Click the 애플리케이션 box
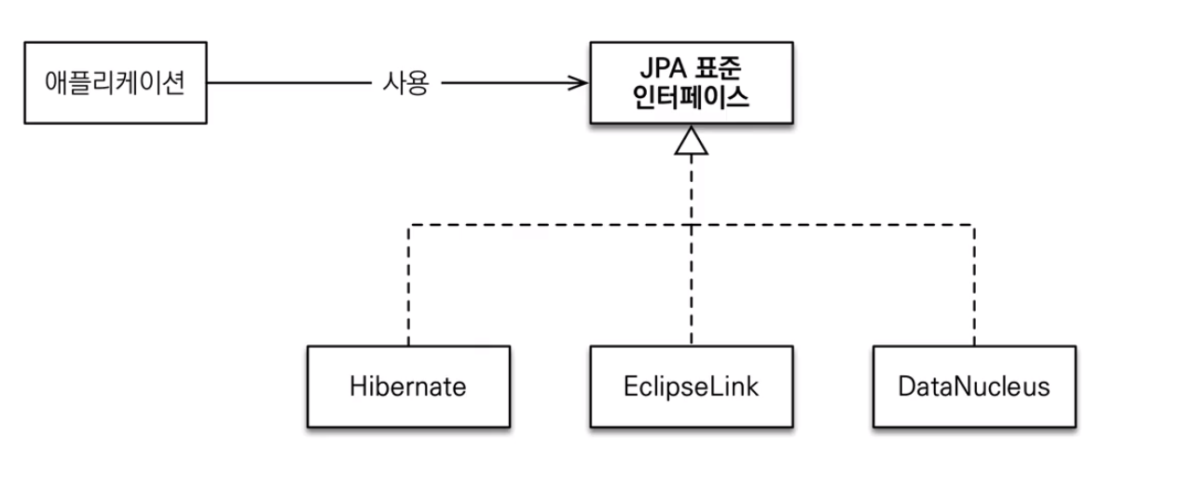point(116,83)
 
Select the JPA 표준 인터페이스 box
point(692,83)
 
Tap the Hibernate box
point(408,386)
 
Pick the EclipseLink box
point(692,386)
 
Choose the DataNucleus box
point(974,386)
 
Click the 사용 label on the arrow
point(405,83)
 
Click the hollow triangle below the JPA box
point(692,142)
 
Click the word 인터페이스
point(691,98)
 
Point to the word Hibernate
point(408,386)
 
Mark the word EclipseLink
point(691,387)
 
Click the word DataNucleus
point(974,386)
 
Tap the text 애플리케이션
point(115,83)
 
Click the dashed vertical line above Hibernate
point(408,286)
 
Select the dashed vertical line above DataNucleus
point(974,286)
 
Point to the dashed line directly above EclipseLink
point(692,286)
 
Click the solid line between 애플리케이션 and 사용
point(290,83)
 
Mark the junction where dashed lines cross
point(692,226)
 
